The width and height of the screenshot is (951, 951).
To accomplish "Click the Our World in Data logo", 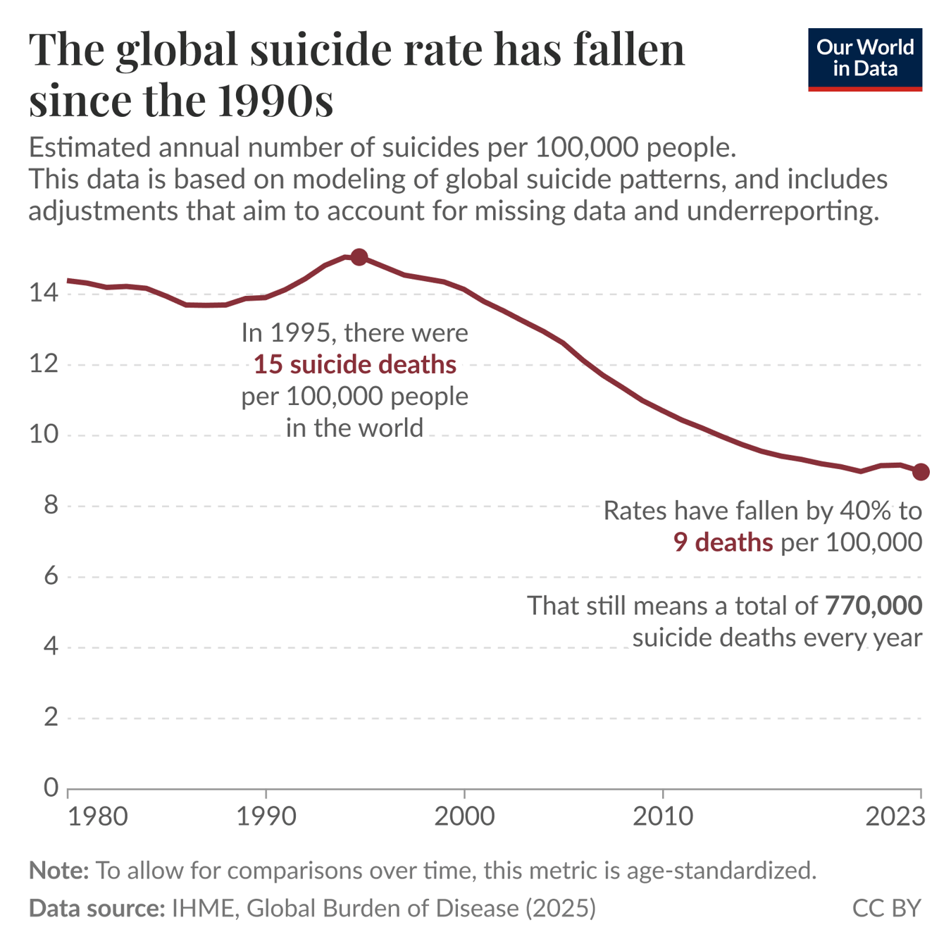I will [x=864, y=59].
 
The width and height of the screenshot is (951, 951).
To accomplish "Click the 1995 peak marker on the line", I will [x=359, y=257].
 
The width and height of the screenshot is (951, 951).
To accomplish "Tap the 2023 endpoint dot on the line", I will [x=920, y=472].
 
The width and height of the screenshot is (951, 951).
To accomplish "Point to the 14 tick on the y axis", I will [x=44, y=292].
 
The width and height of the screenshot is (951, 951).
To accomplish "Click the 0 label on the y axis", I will [x=51, y=787].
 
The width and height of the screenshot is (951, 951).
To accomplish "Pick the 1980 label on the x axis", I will [x=98, y=816].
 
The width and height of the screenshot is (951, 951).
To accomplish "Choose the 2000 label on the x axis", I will [x=464, y=816].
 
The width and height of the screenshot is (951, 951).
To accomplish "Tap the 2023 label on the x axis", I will [x=895, y=816].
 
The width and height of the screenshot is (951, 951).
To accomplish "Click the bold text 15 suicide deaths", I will [x=354, y=364].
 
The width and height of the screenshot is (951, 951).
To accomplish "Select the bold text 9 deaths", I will [x=723, y=542].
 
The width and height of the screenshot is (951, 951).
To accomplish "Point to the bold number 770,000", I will [x=873, y=605].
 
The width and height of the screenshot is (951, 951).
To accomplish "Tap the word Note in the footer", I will [x=58, y=871].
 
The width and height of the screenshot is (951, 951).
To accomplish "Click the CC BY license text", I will [x=886, y=908].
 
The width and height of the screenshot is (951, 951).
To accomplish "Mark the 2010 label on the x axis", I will [x=662, y=816].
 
